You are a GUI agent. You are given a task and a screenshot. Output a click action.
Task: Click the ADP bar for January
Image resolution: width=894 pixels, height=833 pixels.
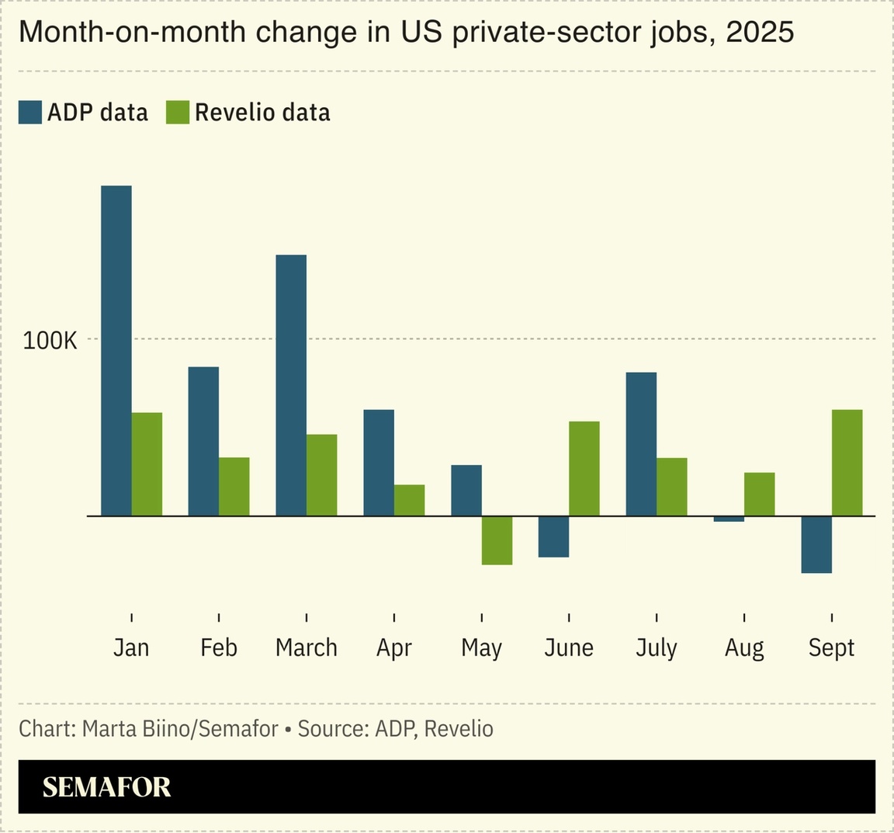point(116,350)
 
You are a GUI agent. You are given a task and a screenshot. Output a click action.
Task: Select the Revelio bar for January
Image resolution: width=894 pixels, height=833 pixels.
point(147,463)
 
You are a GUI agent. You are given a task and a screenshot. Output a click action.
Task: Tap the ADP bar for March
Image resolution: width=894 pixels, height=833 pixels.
point(291,385)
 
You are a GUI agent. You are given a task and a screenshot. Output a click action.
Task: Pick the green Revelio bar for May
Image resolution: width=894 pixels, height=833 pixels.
point(497,540)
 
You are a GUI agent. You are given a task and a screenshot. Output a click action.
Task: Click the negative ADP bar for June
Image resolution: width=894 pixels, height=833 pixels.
point(553,536)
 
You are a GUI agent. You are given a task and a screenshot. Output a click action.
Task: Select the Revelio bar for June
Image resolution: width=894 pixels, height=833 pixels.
point(584,468)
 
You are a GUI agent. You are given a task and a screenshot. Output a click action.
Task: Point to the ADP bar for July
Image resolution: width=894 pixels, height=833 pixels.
point(641,444)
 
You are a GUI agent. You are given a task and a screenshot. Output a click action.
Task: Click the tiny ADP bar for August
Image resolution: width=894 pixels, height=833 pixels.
point(729,519)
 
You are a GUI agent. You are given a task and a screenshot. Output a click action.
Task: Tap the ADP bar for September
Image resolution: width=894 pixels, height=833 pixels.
point(816,544)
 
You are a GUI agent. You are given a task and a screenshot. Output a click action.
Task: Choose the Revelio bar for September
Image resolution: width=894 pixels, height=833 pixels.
point(847,463)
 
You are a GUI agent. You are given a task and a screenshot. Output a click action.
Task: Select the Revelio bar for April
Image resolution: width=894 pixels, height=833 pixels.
point(410,500)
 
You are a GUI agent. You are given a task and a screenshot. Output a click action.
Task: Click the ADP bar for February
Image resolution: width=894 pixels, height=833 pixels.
point(203,441)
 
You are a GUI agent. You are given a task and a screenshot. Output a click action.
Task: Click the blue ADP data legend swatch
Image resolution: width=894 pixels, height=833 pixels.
point(30,113)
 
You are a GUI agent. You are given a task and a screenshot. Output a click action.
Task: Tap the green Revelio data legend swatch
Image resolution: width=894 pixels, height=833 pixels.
point(178,113)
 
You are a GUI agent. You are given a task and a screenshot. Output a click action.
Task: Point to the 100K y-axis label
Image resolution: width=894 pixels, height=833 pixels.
point(50,340)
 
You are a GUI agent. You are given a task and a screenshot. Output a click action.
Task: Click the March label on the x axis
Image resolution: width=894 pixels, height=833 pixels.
point(307,647)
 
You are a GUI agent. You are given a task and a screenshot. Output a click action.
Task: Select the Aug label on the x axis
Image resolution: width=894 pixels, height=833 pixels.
point(744,647)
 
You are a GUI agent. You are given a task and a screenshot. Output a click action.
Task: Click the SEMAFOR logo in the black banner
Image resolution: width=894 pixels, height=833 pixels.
point(106,787)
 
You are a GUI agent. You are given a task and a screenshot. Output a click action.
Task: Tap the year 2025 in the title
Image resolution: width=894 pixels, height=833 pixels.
point(760,32)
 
